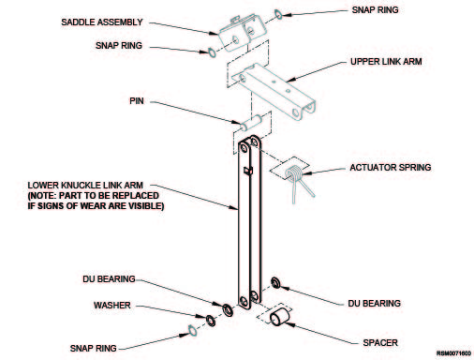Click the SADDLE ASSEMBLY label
coord(102,22)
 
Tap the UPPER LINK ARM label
coord(386,62)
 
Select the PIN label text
coord(137,101)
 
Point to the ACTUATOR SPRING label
coord(391,168)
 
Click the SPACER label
coord(380,343)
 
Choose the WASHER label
coord(112,306)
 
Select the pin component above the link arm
coord(251,123)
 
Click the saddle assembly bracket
coord(243,34)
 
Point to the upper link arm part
coord(274,91)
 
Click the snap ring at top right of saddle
coord(278,14)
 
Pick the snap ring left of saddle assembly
coord(212,52)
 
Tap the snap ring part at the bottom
coord(192,331)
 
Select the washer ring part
coord(211,321)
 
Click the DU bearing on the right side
coord(275,282)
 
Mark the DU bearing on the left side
coord(228,309)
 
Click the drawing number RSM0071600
coord(453,353)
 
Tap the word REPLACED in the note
coord(136,196)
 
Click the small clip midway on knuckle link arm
coord(248,171)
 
